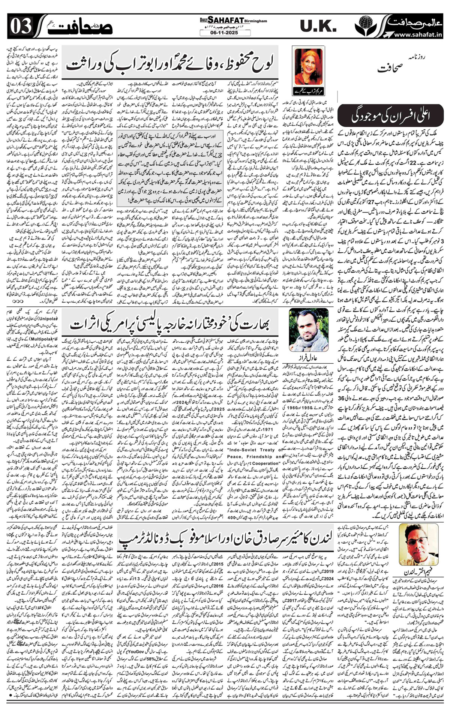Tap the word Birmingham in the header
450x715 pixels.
tap(257, 21)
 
